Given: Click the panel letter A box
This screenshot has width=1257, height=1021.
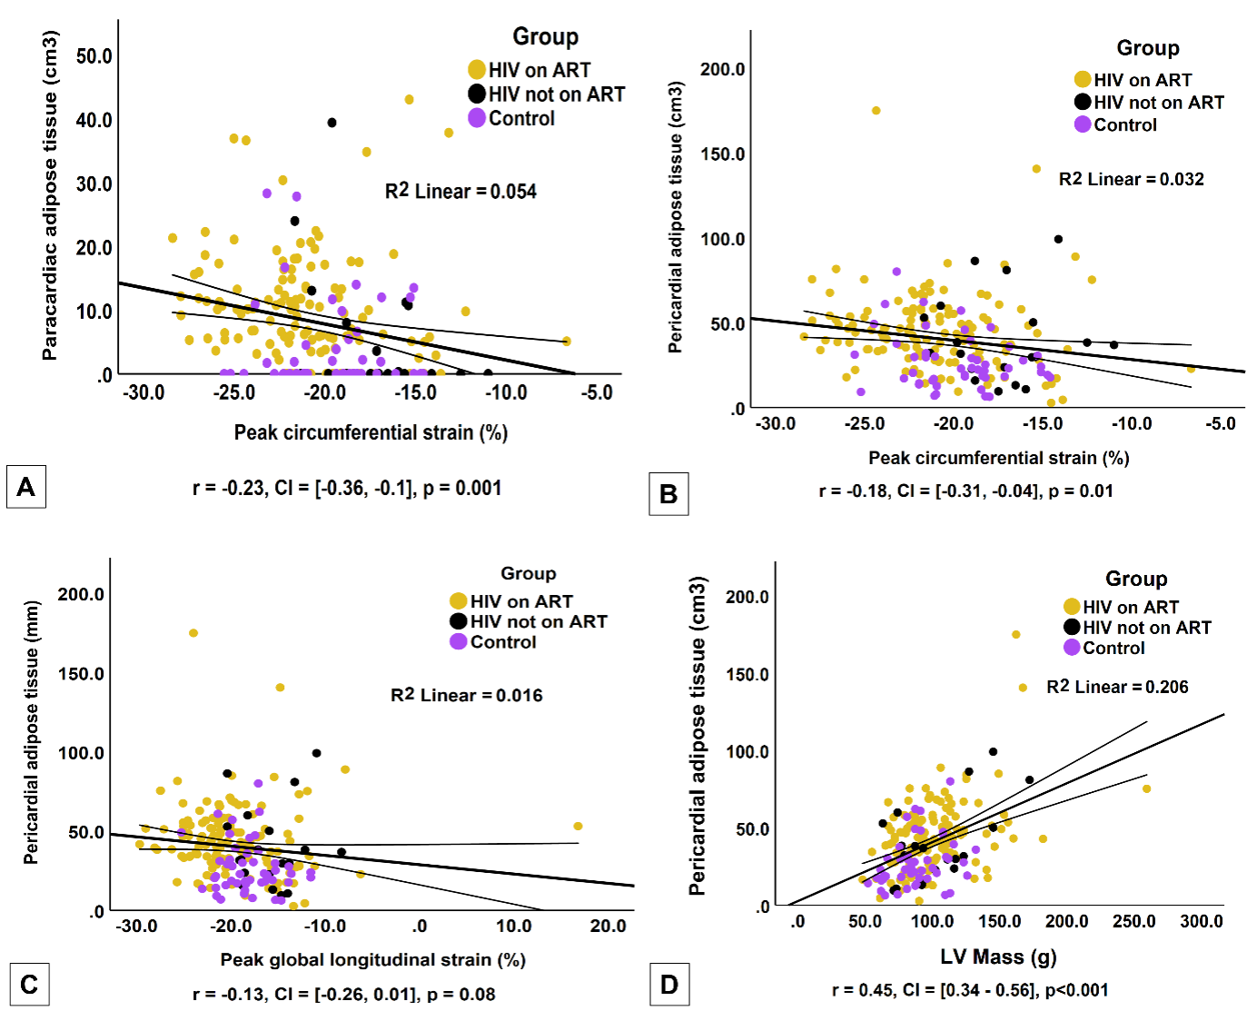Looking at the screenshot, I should pos(25,487).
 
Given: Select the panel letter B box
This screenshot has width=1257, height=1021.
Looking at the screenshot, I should pos(668,494).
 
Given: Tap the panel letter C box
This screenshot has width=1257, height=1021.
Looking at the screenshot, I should pos(29,985).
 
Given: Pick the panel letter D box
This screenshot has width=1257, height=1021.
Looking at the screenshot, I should pos(669,985).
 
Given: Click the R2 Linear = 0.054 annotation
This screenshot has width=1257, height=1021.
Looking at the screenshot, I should pos(460,191).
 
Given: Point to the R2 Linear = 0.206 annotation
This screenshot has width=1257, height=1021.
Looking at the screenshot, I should pos(1117,687).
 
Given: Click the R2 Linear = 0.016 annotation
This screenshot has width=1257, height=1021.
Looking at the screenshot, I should pos(466,695).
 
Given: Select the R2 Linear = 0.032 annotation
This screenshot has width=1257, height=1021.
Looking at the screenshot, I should pos(1131,179).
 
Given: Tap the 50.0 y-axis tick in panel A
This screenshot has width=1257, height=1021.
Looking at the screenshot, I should pos(94,56).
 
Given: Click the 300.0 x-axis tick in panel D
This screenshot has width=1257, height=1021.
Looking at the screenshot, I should pos(1201,921).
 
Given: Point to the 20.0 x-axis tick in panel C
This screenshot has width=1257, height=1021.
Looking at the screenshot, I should pos(608,926).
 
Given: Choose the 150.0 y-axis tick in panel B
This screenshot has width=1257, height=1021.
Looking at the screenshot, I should pos(722,154).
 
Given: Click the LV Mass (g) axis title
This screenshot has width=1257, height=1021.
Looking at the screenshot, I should pos(998,956).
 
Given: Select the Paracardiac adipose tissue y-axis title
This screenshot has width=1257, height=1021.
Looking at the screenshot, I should pos(50,195).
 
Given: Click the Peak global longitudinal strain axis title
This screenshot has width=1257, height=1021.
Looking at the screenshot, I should pos(372,959).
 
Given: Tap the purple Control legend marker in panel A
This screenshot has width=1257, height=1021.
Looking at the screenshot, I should pos(477,118).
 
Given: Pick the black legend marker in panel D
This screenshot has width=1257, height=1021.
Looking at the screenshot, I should pos(1072,627).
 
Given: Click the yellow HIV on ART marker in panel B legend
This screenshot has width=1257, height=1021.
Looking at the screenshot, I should pos(1083,80).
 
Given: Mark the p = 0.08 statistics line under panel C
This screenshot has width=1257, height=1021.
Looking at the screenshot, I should pos(344,994).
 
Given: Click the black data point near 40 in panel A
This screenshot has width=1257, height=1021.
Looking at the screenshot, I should pos(332,123).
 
